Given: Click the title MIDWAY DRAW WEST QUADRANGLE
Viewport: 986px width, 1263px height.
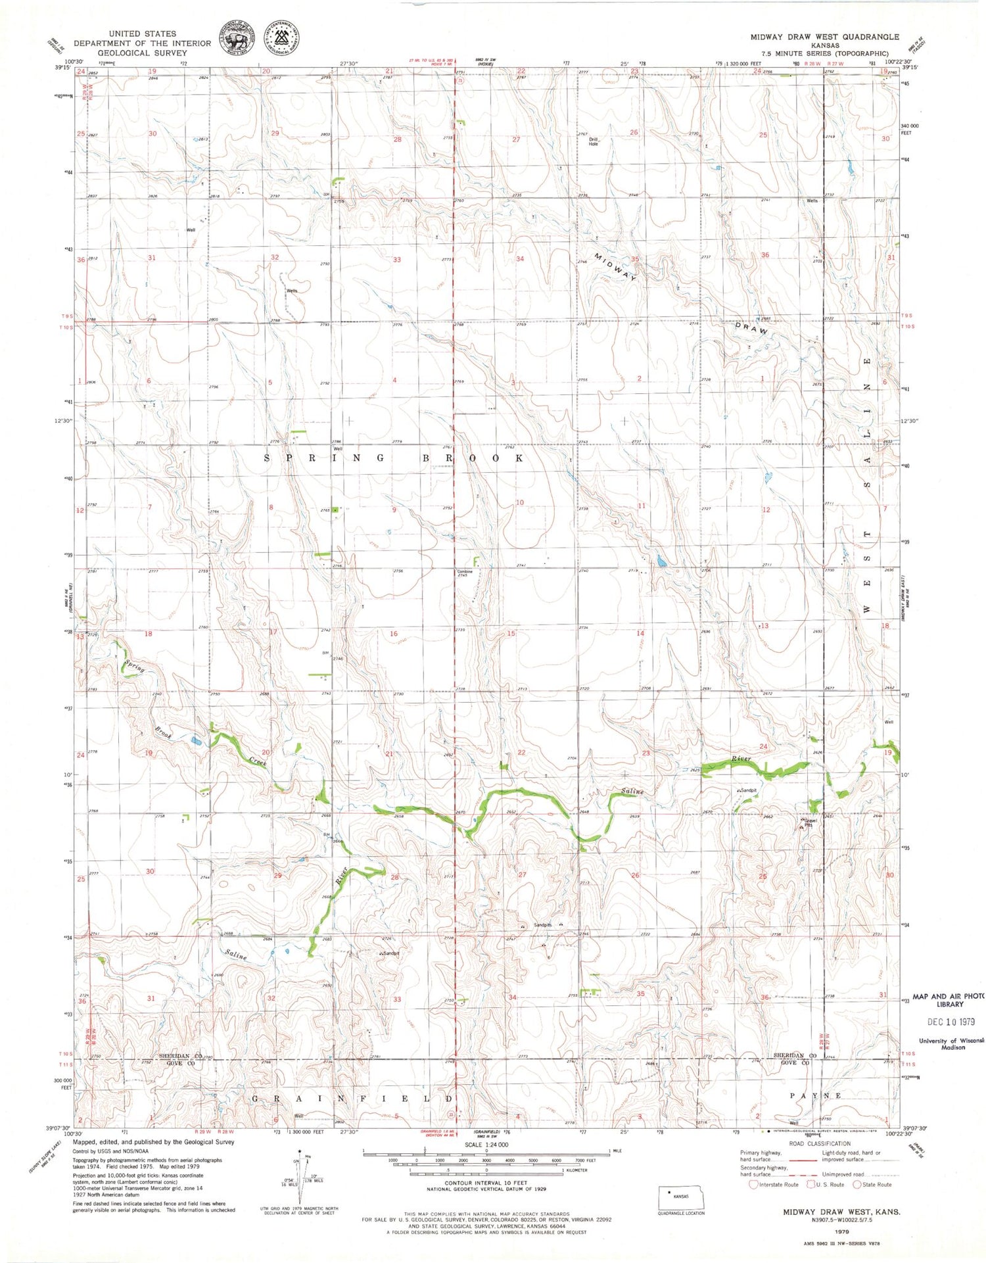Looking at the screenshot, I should pyautogui.click(x=825, y=37).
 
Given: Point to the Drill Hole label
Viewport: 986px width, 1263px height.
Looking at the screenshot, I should pyautogui.click(x=594, y=142).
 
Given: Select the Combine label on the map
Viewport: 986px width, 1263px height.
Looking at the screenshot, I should pyautogui.click(x=465, y=571).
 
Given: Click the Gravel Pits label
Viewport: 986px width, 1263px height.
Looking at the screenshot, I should pyautogui.click(x=809, y=823).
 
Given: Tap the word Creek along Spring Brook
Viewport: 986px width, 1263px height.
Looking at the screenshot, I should pyautogui.click(x=258, y=762).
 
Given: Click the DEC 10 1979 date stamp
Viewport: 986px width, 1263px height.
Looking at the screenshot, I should pyautogui.click(x=952, y=1022).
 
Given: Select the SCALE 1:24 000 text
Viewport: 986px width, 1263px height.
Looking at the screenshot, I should pyautogui.click(x=486, y=1145).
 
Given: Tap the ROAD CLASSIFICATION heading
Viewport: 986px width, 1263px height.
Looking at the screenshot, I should pyautogui.click(x=811, y=1143).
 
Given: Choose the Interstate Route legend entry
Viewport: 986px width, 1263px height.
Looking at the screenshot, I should pyautogui.click(x=774, y=1185).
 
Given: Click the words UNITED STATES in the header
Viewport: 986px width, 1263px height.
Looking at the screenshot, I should pyautogui.click(x=143, y=34).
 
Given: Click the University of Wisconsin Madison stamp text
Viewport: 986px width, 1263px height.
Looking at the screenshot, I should pyautogui.click(x=951, y=1043).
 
